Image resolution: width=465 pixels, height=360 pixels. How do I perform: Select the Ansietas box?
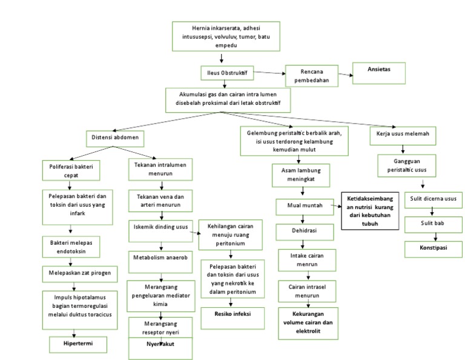point(378,70)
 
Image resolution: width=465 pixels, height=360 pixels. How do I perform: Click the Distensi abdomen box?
point(114,138)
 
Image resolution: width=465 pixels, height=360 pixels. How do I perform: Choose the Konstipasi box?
point(433,247)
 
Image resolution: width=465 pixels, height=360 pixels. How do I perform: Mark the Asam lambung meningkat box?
point(301,175)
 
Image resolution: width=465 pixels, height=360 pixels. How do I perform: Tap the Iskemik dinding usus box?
point(161,227)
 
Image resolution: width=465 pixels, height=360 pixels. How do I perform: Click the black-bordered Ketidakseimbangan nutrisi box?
point(370,210)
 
